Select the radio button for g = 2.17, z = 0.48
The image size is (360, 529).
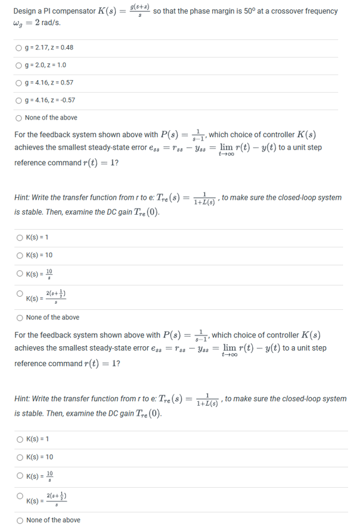click(21, 48)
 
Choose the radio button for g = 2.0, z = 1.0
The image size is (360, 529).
click(21, 64)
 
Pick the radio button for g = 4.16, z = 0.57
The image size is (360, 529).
click(21, 82)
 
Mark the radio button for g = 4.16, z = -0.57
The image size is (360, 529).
click(21, 100)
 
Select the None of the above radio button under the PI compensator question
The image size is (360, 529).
click(21, 117)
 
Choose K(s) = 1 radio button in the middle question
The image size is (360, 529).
click(21, 237)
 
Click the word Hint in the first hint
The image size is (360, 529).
click(23, 198)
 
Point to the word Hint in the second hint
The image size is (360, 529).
click(23, 399)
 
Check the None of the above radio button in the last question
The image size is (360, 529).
click(21, 520)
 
